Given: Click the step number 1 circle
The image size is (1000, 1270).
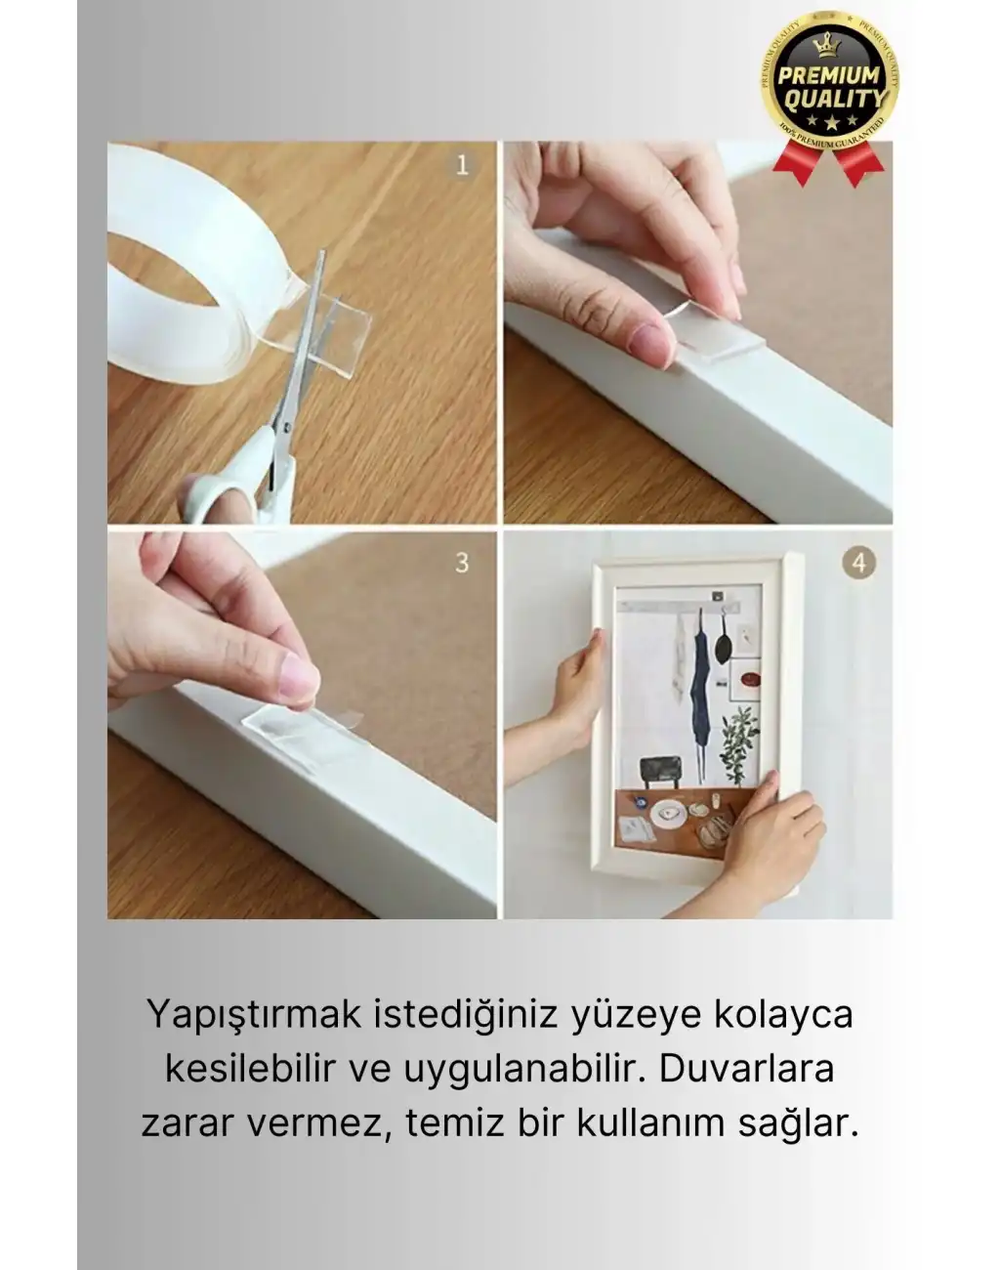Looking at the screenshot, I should pyautogui.click(x=463, y=164).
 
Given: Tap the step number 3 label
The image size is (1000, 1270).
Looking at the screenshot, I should pyautogui.click(x=462, y=563).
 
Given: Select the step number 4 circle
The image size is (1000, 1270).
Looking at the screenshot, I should pyautogui.click(x=858, y=563).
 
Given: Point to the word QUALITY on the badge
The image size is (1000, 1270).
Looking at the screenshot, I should pyautogui.click(x=833, y=98).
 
